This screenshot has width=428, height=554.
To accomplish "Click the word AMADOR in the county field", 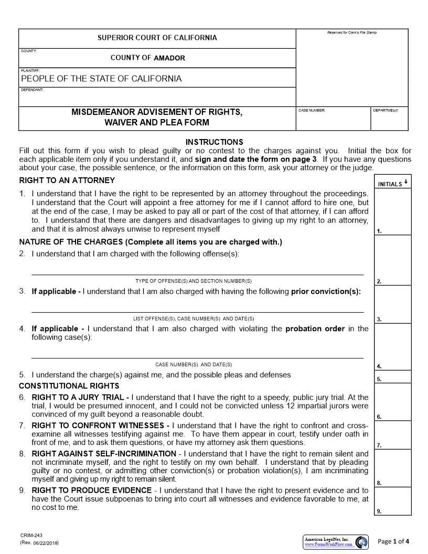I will tap(169, 58).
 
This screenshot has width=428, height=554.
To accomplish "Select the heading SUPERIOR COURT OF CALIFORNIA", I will tap(157, 38).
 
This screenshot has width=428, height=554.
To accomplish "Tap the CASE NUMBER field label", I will tap(312, 111).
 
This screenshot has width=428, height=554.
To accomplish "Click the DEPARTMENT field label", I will tap(386, 111).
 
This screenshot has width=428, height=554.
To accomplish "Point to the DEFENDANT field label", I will tap(32, 90).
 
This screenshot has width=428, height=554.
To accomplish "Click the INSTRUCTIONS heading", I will tap(215, 142).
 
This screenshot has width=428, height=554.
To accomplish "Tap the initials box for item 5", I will tap(393, 377).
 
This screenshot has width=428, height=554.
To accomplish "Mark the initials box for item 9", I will tap(393, 501).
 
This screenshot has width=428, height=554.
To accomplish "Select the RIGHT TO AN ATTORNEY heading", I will tap(67, 180).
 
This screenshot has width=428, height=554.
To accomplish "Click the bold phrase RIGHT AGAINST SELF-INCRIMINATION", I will tap(104, 453).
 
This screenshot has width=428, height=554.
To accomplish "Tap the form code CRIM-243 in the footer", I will tap(27, 535).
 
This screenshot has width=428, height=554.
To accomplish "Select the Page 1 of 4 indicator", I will tap(393, 541).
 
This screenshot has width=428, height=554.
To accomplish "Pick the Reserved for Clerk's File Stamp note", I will tap(352, 33).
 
